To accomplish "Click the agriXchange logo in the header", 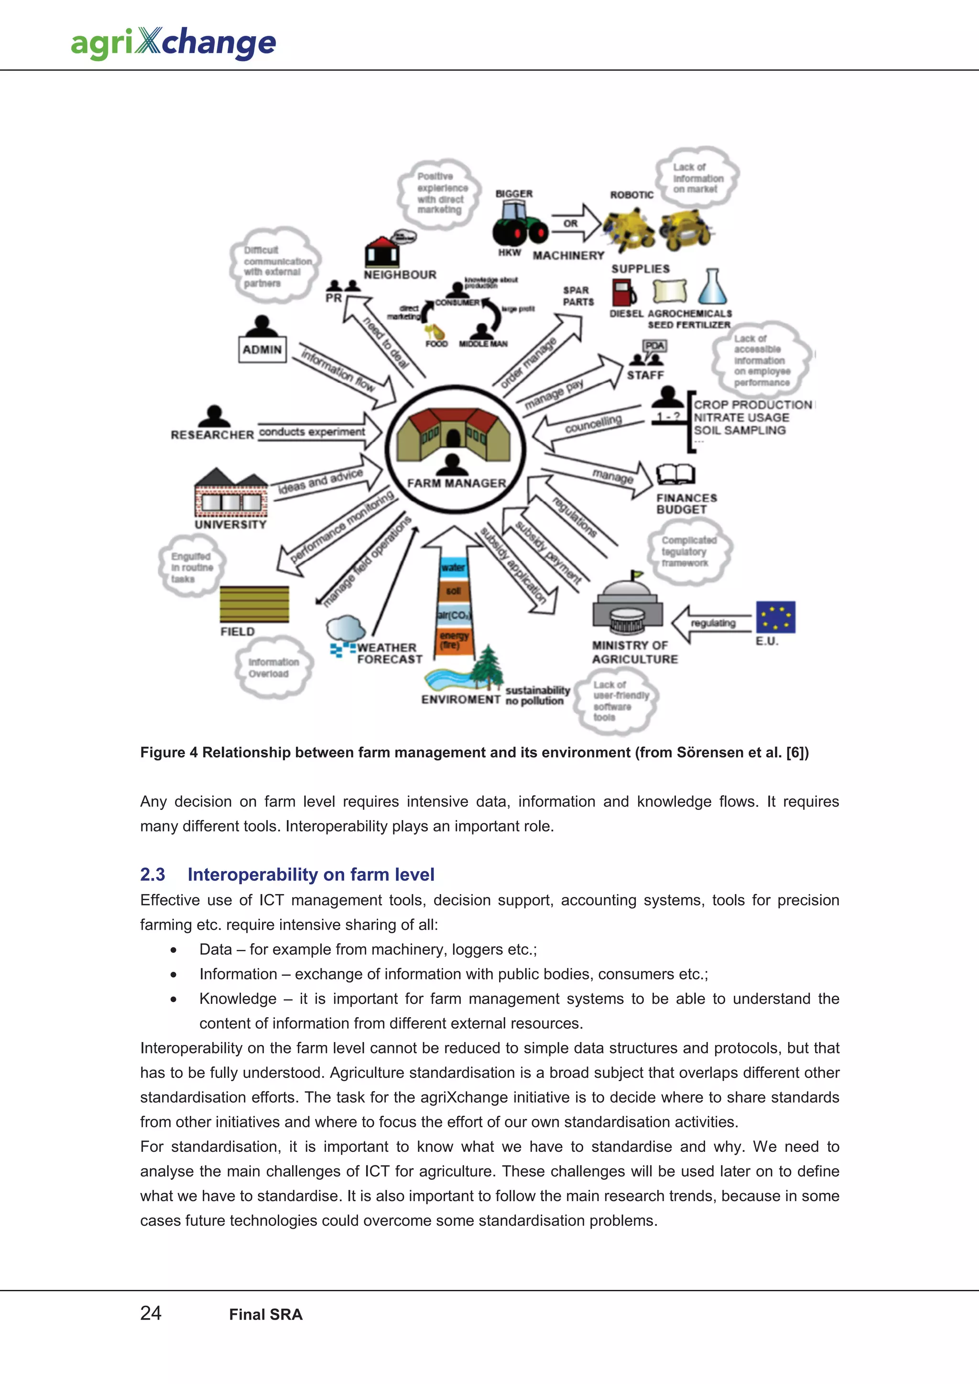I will click(x=173, y=43).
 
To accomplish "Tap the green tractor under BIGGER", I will click(x=519, y=223).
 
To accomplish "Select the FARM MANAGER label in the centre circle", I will click(x=456, y=483).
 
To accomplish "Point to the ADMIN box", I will click(x=262, y=350).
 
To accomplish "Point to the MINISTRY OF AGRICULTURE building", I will click(x=627, y=606).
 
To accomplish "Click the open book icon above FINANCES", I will click(x=675, y=474).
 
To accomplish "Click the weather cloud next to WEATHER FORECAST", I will click(x=346, y=629).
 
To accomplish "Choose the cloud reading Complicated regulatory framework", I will click(x=688, y=552).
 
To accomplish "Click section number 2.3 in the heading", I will click(x=152, y=874).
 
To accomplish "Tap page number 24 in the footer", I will click(x=151, y=1313).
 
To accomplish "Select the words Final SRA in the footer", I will click(x=265, y=1314).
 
